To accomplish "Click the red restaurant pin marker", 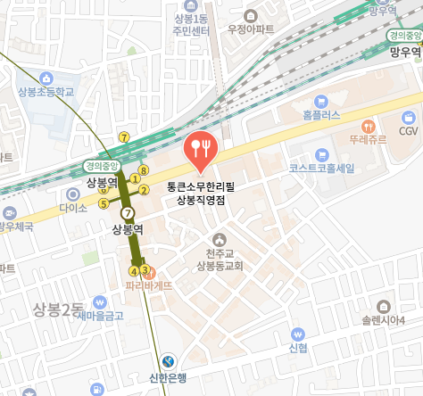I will [199, 149].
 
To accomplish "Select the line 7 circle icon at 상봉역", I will [129, 213].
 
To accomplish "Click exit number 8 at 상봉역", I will [143, 169].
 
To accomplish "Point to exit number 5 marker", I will [104, 203].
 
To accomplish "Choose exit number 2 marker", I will [145, 190].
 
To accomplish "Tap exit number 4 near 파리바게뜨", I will [135, 270].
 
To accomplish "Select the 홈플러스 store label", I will [322, 115].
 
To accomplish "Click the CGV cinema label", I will [408, 131].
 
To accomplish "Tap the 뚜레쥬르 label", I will [367, 140].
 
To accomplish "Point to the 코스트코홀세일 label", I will [322, 167].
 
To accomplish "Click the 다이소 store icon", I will [73, 194].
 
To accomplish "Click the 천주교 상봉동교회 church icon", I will [220, 238].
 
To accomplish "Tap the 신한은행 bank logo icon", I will [169, 361].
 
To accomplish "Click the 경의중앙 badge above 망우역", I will [404, 36].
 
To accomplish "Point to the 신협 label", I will [298, 347].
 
